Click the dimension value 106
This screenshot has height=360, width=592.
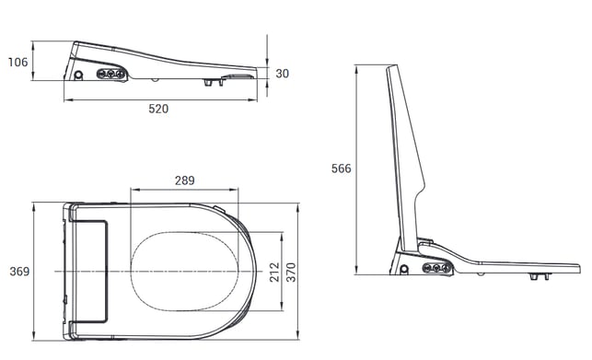click(18, 62)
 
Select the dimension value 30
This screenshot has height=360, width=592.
click(282, 74)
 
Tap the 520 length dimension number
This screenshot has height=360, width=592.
click(158, 109)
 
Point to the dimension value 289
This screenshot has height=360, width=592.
click(185, 180)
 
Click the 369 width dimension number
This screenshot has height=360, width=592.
click(19, 272)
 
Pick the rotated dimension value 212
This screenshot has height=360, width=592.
click(274, 272)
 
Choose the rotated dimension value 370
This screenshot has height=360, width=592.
click(291, 272)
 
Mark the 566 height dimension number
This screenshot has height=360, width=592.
click(342, 168)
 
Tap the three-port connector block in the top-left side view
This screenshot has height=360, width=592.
click(110, 74)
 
